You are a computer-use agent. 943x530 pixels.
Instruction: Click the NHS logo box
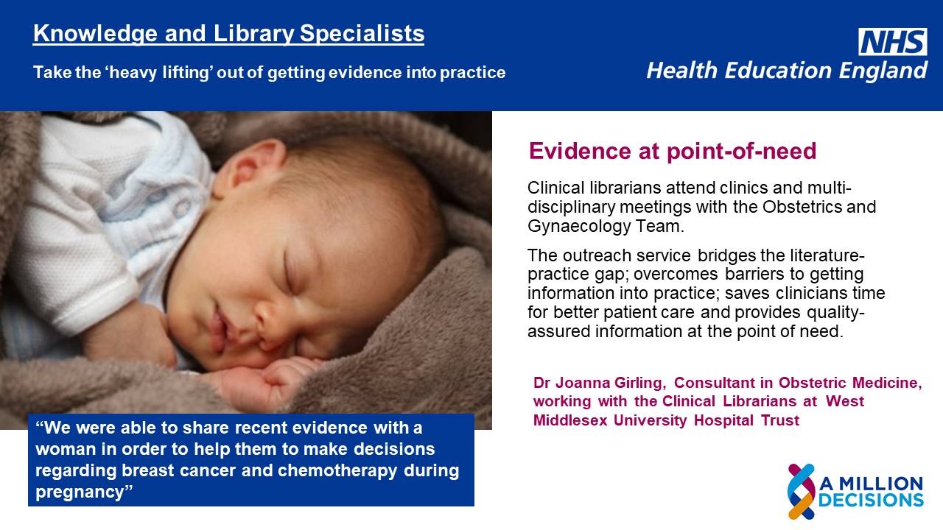pyautogui.click(x=892, y=42)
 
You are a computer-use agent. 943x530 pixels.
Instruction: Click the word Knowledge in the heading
pyautogui.click(x=95, y=34)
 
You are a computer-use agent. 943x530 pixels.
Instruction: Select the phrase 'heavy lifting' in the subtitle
pyautogui.click(x=160, y=72)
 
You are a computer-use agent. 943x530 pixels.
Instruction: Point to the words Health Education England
pyautogui.click(x=787, y=70)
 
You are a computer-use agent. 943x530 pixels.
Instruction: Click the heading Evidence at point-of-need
pyautogui.click(x=673, y=151)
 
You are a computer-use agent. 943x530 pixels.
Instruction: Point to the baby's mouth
pyautogui.click(x=221, y=328)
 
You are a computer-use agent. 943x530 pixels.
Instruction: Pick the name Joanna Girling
pyautogui.click(x=611, y=384)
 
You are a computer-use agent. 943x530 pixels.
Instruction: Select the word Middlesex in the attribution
pyautogui.click(x=570, y=420)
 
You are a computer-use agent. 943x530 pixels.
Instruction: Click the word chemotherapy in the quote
pyautogui.click(x=337, y=470)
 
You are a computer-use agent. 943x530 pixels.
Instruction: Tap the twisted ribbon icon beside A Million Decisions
pyautogui.click(x=802, y=491)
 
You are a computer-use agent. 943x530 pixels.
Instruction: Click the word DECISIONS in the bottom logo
pyautogui.click(x=871, y=501)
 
